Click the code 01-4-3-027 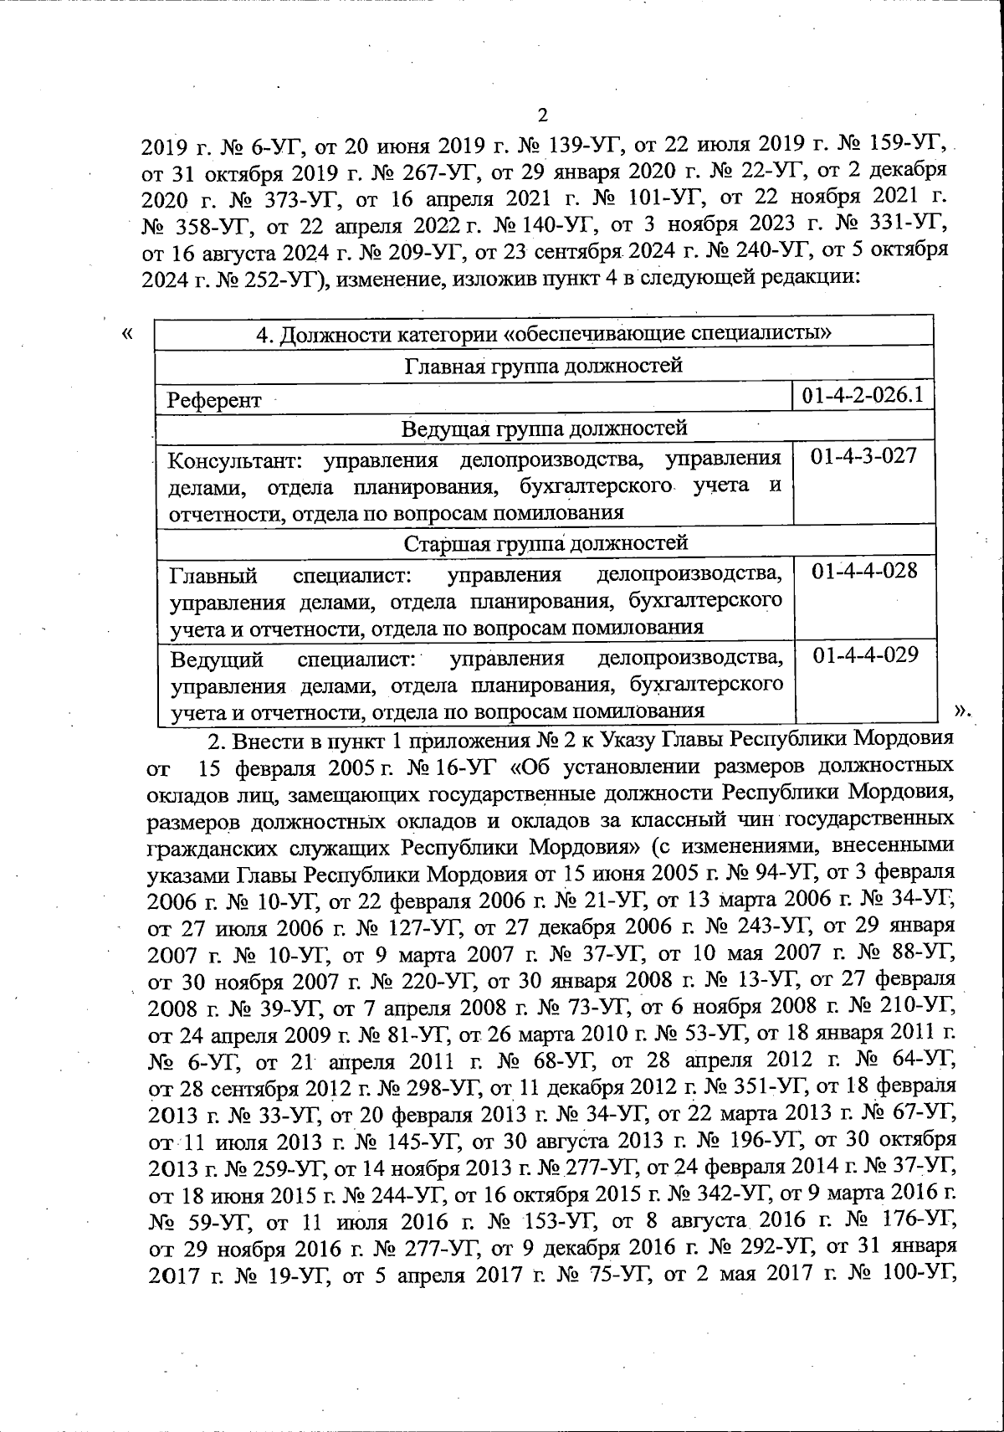[864, 456]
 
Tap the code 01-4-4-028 [864, 571]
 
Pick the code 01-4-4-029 [864, 655]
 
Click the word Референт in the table [214, 401]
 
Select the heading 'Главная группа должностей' [544, 366]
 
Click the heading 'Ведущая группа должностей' [544, 429]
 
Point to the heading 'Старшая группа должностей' [546, 543]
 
